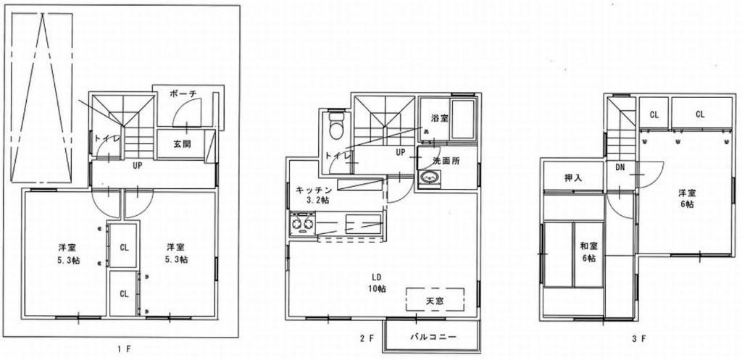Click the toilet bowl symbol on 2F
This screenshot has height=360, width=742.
[336, 126]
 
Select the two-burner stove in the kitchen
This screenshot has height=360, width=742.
[302, 224]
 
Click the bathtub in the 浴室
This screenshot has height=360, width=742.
[463, 120]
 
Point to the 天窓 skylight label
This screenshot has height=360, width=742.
[435, 299]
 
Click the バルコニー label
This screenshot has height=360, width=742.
[433, 337]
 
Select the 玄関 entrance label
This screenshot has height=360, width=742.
[181, 144]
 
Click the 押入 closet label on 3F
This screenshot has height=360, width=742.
[574, 178]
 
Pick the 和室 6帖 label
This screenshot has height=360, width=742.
[588, 252]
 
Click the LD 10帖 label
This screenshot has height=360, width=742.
[377, 282]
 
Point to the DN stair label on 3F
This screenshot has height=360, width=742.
[620, 167]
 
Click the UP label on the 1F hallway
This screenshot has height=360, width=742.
[138, 166]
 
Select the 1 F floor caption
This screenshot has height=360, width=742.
[123, 349]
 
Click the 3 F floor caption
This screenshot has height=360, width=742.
[639, 338]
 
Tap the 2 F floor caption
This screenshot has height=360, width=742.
[367, 338]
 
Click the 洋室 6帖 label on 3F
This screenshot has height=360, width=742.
[686, 198]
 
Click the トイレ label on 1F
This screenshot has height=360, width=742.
[103, 138]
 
